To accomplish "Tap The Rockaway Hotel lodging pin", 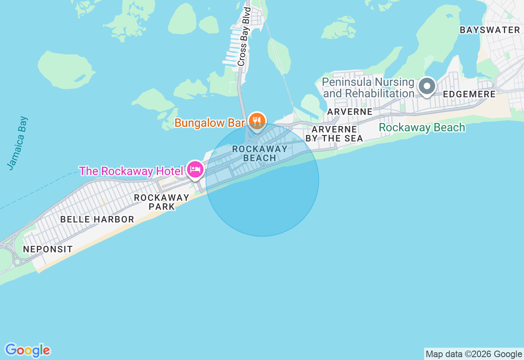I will coord(195,169).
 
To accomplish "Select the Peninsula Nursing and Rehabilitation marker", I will coord(427,86).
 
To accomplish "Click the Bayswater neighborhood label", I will coord(490,30).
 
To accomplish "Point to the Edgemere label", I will coord(469,94).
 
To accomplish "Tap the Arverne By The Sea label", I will coord(334,134).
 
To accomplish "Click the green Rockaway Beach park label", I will coord(422,128).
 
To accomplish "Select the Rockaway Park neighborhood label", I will coord(162,202).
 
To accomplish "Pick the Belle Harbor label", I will coord(97,219).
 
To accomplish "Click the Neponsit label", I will coord(48,249).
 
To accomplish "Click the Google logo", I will coord(27,350).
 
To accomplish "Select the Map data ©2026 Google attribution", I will coord(474,354).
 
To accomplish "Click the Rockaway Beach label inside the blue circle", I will coord(260,153).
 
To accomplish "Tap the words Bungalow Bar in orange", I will coord(210,123).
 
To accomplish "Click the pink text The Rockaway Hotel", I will coord(131,171).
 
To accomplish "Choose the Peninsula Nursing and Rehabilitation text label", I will coord(368,88).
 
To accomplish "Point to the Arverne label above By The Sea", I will coord(350,112).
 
